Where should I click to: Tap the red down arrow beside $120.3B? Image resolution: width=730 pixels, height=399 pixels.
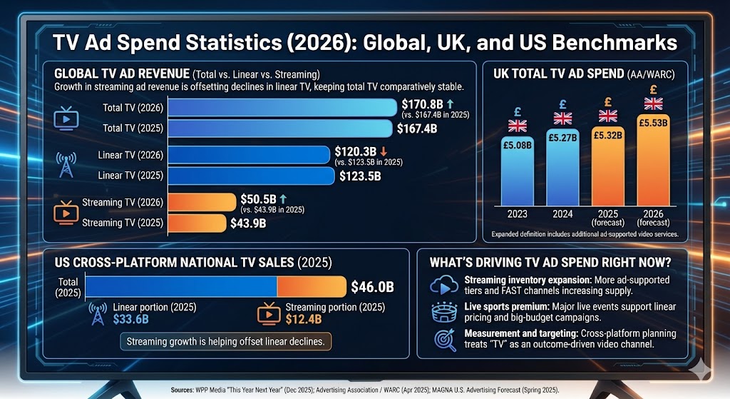pos(384,151)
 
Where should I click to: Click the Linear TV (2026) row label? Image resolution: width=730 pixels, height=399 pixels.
pos(130,154)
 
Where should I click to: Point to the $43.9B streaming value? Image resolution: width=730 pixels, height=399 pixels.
pos(250,223)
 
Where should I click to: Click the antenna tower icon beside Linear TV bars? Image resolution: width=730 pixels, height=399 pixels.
pos(66,164)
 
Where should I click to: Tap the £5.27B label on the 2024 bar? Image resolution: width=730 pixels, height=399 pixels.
pos(563,137)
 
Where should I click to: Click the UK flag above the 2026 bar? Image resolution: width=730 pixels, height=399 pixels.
pos(653,104)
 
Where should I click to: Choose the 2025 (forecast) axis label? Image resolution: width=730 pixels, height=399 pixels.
pos(608,217)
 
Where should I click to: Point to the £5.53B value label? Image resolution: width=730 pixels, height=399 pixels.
pos(653,122)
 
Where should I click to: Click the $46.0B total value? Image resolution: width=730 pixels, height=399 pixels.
pos(372,288)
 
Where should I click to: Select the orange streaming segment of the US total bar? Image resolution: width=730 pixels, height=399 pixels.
pos(311,287)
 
